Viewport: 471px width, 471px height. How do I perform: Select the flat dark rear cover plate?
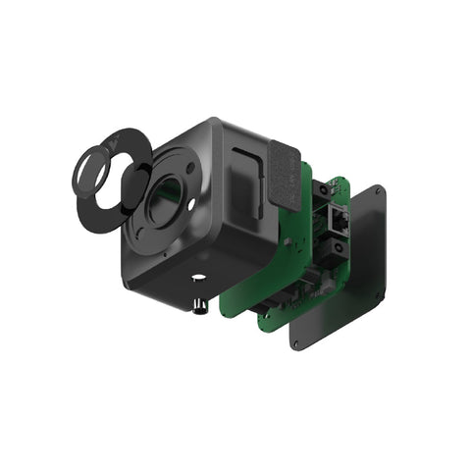[x=343, y=275]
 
